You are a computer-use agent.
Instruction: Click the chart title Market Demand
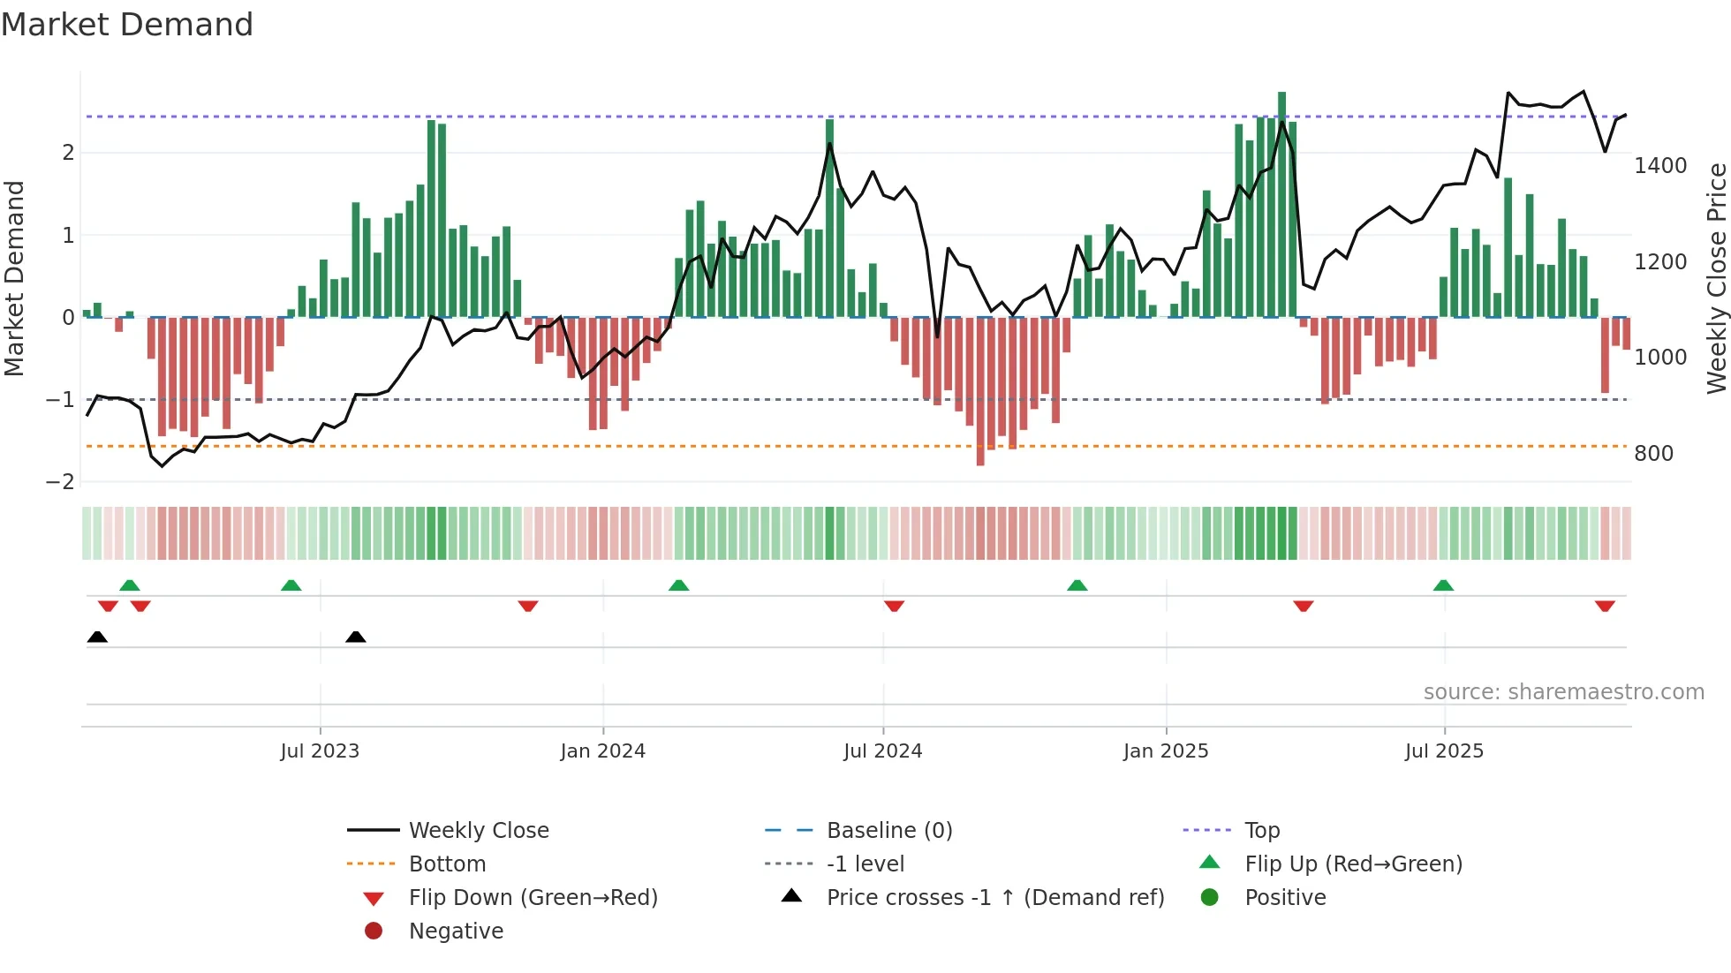point(127,25)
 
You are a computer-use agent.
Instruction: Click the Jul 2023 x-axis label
point(320,751)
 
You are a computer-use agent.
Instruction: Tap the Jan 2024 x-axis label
point(603,751)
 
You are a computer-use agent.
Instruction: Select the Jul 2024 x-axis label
point(882,751)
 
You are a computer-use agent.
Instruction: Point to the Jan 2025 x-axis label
point(1166,751)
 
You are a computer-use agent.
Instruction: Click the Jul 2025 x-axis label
point(1444,751)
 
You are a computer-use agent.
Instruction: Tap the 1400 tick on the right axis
point(1660,166)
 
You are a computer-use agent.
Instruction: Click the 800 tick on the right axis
point(1653,454)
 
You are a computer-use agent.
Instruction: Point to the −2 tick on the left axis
point(60,482)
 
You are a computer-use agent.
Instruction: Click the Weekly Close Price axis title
point(1716,278)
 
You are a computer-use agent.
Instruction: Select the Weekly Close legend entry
point(478,831)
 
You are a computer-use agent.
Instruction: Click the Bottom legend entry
point(447,864)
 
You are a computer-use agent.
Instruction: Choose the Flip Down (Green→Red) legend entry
point(533,898)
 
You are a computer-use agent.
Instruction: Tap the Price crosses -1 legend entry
point(994,898)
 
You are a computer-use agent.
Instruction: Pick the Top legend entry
point(1262,831)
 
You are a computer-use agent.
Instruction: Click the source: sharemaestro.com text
point(1563,692)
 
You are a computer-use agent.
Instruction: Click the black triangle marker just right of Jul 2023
point(356,637)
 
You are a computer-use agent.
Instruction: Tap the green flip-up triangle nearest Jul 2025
point(1443,585)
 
